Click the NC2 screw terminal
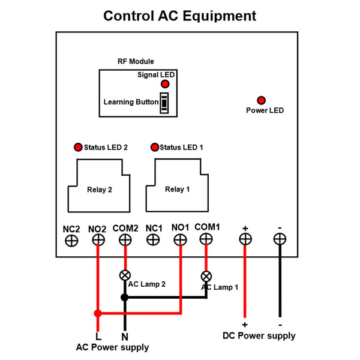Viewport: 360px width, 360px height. click(x=71, y=240)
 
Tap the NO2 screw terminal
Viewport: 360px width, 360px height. click(x=98, y=240)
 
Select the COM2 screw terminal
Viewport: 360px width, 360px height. click(x=125, y=240)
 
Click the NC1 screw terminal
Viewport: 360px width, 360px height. click(x=153, y=239)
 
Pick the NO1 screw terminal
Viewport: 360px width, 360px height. click(x=180, y=239)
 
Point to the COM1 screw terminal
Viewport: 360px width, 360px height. click(x=206, y=239)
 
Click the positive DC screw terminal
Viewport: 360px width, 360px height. click(x=245, y=239)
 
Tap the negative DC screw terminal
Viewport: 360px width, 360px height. click(x=279, y=239)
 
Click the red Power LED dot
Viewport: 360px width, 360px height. click(x=261, y=100)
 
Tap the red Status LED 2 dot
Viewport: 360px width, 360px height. click(x=77, y=147)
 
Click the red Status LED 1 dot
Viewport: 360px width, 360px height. click(x=155, y=147)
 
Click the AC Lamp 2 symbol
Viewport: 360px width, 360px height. click(x=125, y=275)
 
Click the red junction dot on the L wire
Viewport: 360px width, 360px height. click(x=98, y=313)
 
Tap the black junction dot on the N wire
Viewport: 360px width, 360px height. click(x=125, y=297)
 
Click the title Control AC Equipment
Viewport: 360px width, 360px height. click(x=180, y=16)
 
